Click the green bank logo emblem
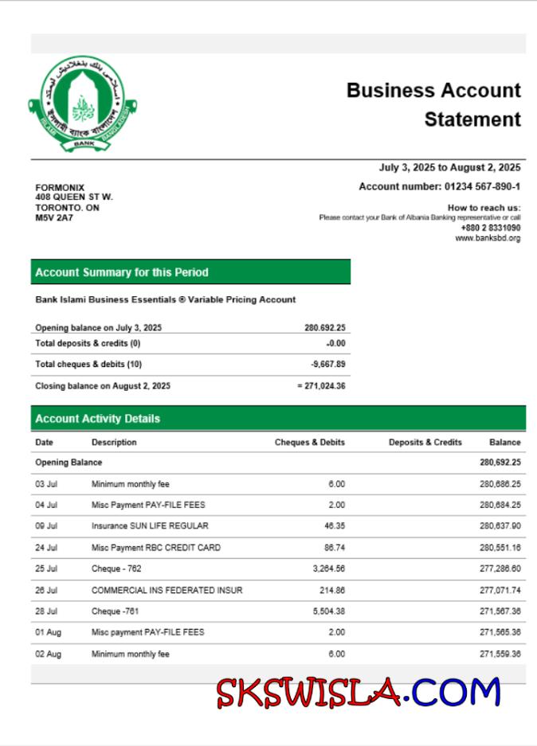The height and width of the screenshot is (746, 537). tap(83, 105)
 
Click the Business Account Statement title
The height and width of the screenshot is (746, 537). tap(433, 104)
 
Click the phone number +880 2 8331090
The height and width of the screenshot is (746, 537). tap(490, 228)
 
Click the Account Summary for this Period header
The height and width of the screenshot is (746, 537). tap(122, 272)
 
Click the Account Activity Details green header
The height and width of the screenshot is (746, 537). tap(97, 419)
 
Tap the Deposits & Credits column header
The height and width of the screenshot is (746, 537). tap(425, 443)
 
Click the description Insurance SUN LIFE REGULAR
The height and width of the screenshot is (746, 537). tap(150, 526)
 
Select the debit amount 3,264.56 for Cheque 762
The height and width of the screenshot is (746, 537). tap(327, 568)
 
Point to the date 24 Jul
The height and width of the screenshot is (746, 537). tap(46, 548)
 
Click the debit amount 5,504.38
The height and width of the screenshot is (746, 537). tap(327, 611)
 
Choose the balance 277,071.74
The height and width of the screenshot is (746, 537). tap(500, 590)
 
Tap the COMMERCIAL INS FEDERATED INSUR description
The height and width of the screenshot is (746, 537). tap(167, 590)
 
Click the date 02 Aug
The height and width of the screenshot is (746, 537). tap(47, 654)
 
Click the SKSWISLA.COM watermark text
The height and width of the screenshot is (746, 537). tap(358, 693)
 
